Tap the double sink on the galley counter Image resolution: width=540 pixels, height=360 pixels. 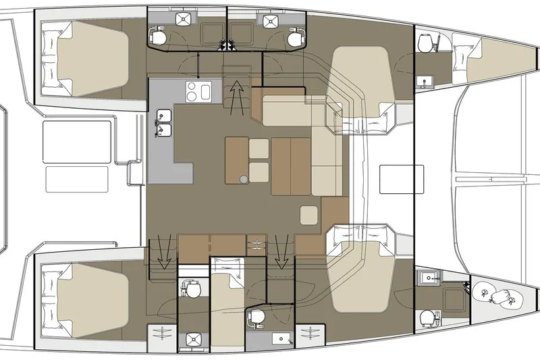click(x=162, y=122)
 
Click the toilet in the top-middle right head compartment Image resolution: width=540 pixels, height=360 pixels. click(x=294, y=38)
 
